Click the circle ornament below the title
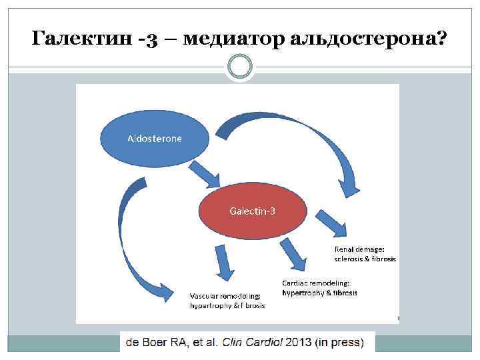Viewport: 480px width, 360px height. (239, 67)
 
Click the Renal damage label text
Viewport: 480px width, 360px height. (360, 249)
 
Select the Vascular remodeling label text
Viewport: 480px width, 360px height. (225, 296)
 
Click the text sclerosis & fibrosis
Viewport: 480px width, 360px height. (365, 258)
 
